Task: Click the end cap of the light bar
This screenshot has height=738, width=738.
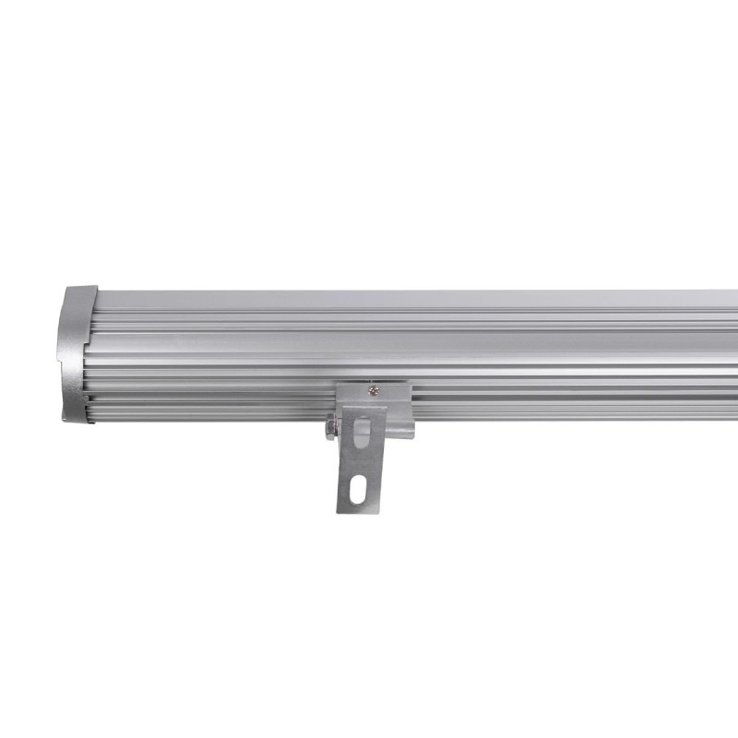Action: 78,355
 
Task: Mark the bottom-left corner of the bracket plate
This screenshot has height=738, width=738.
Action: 338,512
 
